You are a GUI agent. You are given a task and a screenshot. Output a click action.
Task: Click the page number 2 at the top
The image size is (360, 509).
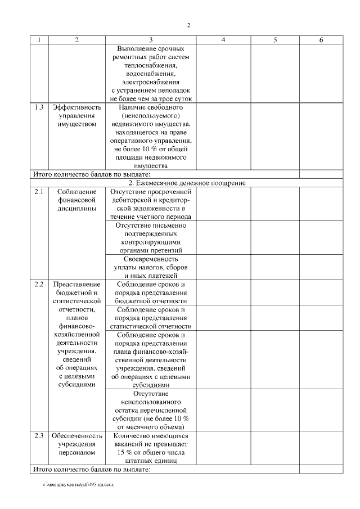point(189,25)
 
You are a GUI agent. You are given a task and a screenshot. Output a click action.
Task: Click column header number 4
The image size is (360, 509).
point(223,40)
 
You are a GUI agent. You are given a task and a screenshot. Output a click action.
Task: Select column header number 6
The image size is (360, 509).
point(321,40)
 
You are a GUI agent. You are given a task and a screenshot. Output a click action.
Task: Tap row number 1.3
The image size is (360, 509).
point(38,107)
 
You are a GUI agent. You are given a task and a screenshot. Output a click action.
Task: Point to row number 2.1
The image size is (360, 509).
point(38,192)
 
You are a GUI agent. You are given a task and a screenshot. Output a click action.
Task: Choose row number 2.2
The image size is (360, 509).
point(38,284)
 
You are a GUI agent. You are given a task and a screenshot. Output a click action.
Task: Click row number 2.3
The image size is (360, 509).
point(38,436)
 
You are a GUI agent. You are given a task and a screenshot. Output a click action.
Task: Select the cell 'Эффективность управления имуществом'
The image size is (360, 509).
point(76,115)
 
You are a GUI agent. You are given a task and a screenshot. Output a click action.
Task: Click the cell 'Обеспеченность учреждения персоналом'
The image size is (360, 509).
point(76,444)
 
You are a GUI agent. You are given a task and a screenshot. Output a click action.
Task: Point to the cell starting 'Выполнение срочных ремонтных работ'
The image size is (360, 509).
point(151,73)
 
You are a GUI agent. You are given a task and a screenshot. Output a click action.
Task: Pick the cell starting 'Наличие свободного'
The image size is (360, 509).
point(151,136)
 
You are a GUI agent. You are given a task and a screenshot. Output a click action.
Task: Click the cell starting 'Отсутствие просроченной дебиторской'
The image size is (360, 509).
point(151,204)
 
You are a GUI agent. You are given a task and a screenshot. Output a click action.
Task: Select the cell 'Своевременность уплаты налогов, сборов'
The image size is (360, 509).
point(151,267)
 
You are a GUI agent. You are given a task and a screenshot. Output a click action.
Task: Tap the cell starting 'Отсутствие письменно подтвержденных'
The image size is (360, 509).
point(151,237)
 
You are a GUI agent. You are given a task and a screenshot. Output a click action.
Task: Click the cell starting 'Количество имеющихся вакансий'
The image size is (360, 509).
point(151,448)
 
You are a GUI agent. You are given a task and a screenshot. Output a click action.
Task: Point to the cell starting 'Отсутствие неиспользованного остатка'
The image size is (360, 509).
point(151,410)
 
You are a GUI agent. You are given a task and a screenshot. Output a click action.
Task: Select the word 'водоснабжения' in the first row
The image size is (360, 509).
point(151,73)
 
